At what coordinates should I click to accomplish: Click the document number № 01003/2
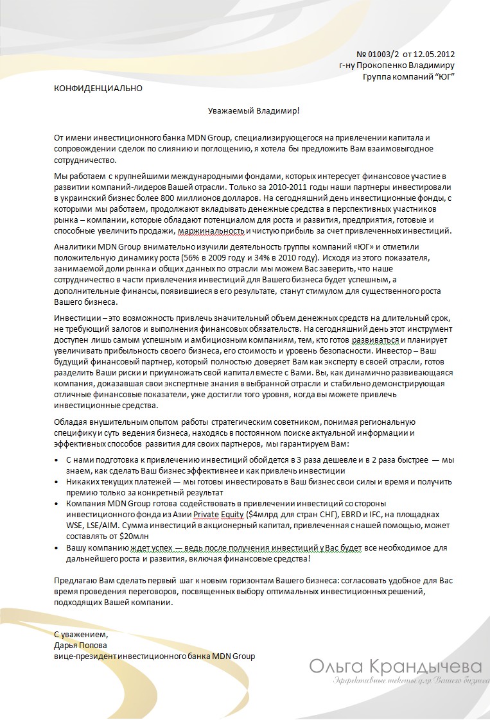(x=378, y=54)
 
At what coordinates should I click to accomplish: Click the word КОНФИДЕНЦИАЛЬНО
(x=98, y=89)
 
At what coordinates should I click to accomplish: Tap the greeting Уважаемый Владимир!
(x=254, y=110)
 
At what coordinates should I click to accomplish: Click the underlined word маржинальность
(x=209, y=231)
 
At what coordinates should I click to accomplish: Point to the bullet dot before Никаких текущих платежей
(x=58, y=481)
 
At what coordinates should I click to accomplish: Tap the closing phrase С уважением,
(x=81, y=635)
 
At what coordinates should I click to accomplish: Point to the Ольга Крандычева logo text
(x=394, y=666)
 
